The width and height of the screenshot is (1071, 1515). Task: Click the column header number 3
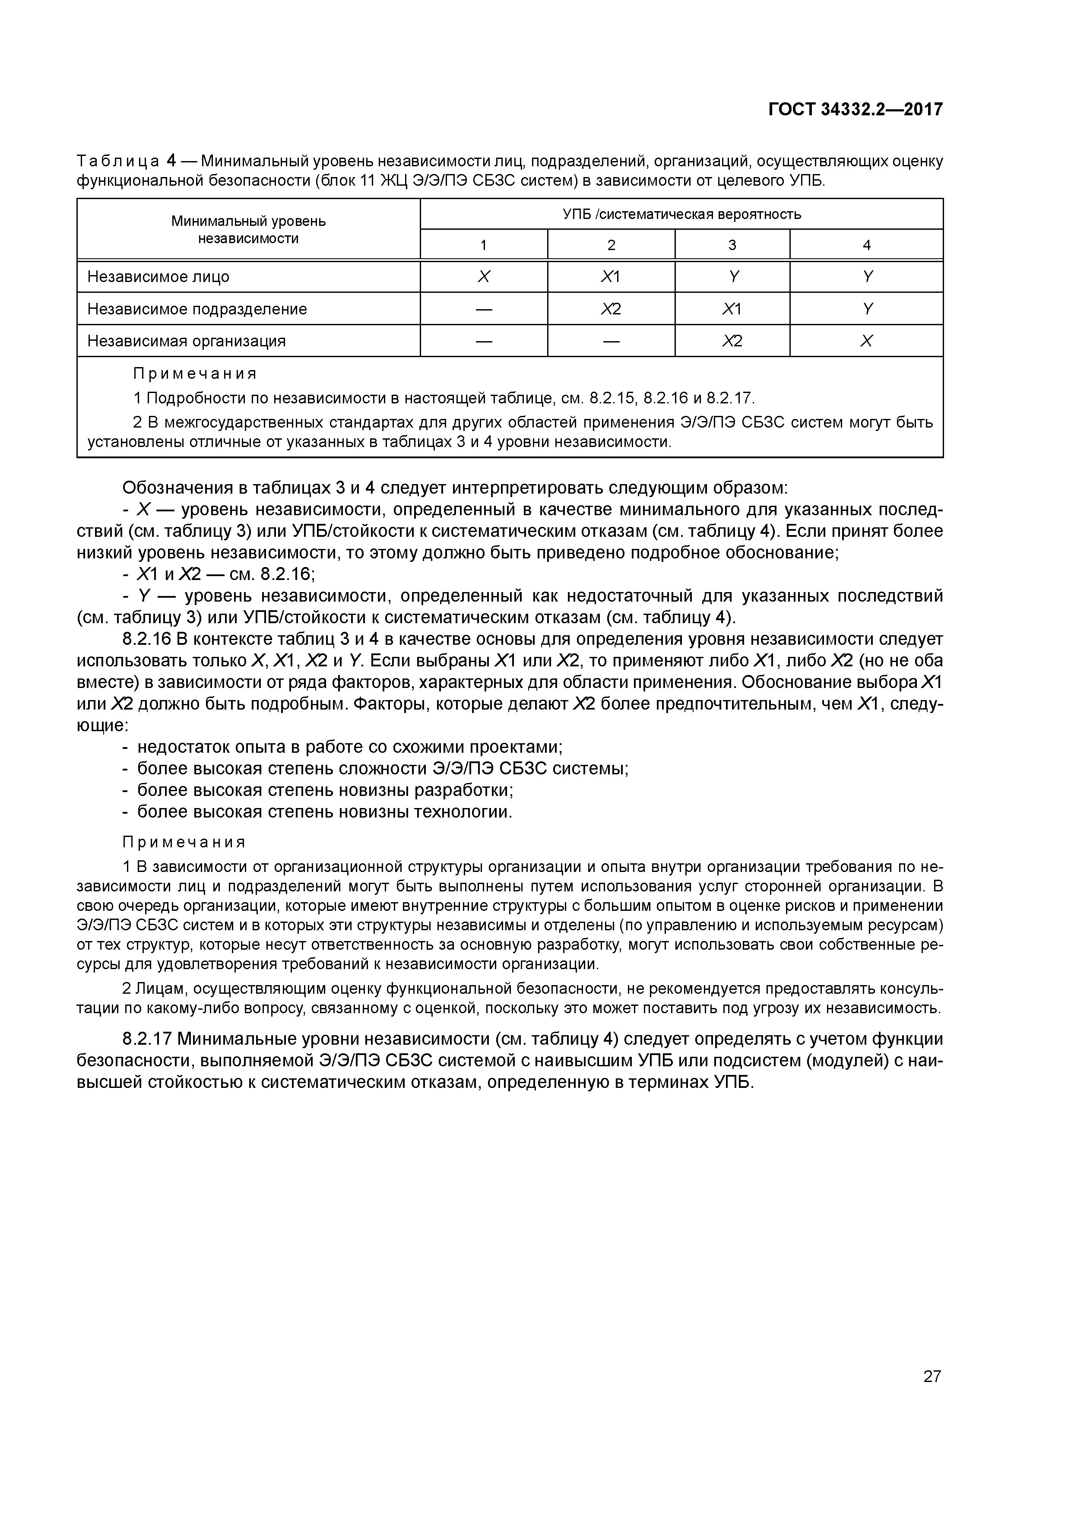click(x=732, y=245)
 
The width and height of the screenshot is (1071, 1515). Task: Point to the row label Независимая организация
click(x=186, y=341)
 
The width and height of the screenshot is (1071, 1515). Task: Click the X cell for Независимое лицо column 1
click(x=484, y=277)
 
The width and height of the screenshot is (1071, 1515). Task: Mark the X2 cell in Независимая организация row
click(x=732, y=341)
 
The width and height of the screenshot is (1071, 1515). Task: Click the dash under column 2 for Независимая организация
click(x=611, y=341)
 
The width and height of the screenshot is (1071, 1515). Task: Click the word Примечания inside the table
click(x=195, y=374)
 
